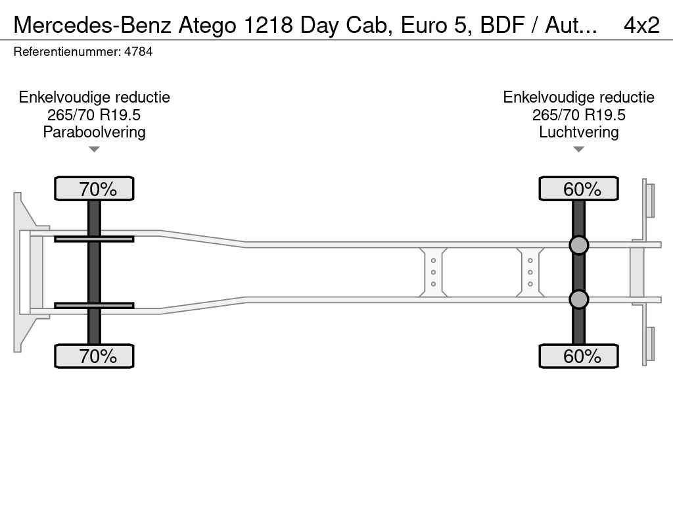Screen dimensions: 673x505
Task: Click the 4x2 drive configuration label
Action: [641, 26]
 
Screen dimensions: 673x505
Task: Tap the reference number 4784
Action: [138, 52]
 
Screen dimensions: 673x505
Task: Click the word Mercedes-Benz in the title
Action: [93, 26]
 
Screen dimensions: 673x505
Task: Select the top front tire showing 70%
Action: [94, 189]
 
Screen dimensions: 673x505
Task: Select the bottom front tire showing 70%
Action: [94, 356]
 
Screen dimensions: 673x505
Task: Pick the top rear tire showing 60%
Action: [578, 189]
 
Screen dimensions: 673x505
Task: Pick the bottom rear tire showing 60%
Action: [578, 356]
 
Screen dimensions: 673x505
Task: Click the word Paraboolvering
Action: [95, 132]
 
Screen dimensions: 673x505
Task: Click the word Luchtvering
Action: [578, 132]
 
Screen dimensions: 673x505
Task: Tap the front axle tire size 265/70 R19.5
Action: [94, 115]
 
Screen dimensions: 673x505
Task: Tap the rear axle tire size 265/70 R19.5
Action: [578, 115]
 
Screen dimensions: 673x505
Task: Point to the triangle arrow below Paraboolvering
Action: [94, 149]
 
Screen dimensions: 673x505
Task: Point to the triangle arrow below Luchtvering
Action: [578, 149]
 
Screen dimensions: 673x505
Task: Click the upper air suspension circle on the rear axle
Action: [578, 245]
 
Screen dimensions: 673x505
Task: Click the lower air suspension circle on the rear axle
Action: [578, 299]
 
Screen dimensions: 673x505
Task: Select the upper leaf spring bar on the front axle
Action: [94, 239]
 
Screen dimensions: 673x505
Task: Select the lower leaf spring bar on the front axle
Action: [94, 305]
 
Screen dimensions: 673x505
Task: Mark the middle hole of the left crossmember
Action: [433, 272]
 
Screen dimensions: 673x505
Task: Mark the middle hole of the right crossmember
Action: [530, 272]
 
